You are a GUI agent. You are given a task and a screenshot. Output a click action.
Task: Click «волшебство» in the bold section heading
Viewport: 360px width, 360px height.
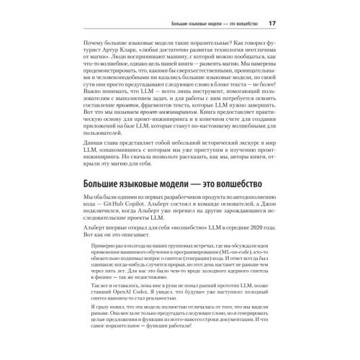pos(244,205)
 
